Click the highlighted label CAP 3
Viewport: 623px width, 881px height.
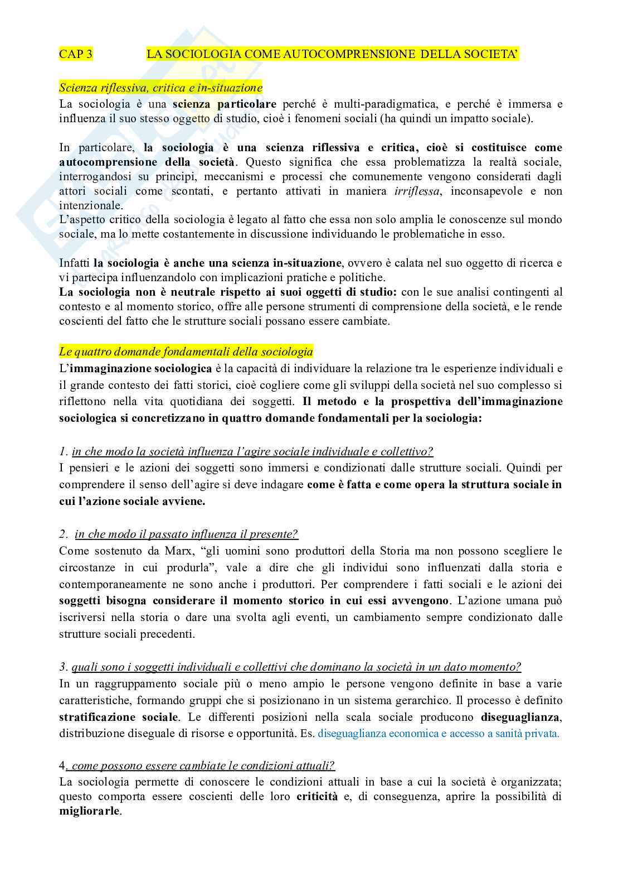click(x=76, y=54)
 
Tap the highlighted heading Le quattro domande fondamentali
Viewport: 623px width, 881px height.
click(x=186, y=352)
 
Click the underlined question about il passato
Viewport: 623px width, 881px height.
click(x=186, y=534)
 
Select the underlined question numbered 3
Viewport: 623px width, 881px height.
click(x=296, y=667)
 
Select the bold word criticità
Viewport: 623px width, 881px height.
click(x=317, y=796)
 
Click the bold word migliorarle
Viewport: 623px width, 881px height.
click(x=89, y=811)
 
